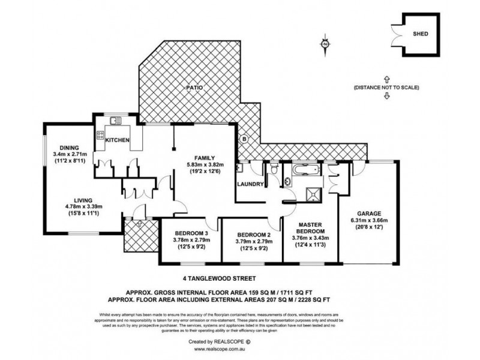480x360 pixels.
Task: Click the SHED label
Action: click(421, 34)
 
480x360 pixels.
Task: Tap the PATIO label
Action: click(193, 88)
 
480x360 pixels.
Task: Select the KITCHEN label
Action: click(118, 140)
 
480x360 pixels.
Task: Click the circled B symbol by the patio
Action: click(244, 139)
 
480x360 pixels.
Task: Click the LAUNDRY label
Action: click(250, 184)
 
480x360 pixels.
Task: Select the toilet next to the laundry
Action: click(274, 173)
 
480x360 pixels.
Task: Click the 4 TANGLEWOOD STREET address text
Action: click(219, 278)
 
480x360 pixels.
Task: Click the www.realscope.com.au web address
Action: click(239, 349)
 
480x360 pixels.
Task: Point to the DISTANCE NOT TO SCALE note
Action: click(386, 88)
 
